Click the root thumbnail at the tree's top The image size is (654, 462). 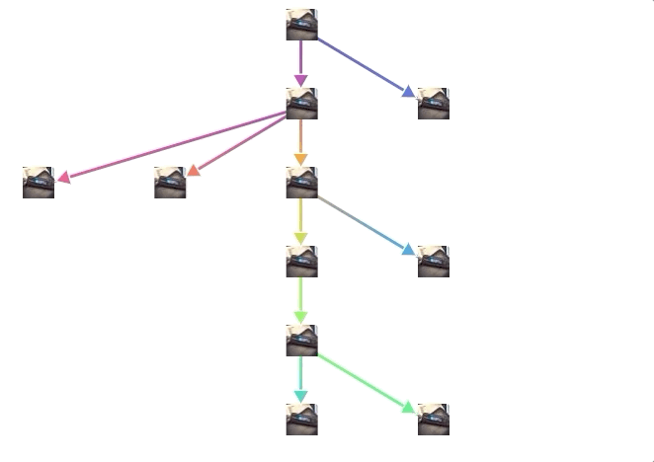click(301, 25)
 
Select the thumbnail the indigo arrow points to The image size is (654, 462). click(433, 104)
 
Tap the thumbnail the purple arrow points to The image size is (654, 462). click(301, 104)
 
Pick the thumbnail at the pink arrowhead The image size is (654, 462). click(39, 183)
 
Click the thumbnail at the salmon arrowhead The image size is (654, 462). click(170, 183)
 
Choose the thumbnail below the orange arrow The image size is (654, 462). click(301, 183)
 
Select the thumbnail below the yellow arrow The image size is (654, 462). click(301, 262)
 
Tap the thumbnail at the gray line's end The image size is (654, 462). click(433, 262)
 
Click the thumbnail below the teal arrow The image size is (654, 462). click(301, 420)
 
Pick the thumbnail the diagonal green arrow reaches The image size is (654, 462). click(433, 420)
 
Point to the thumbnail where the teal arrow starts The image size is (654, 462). click(301, 341)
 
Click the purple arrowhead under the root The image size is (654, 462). click(301, 81)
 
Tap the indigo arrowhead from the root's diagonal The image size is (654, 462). click(409, 91)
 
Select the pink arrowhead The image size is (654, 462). click(64, 178)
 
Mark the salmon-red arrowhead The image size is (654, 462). click(195, 171)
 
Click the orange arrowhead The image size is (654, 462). click(301, 160)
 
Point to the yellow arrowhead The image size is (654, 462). click(301, 239)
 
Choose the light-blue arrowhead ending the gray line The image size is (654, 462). click(409, 249)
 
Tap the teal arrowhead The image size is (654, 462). click(301, 397)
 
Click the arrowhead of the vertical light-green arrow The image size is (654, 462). click(301, 318)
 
